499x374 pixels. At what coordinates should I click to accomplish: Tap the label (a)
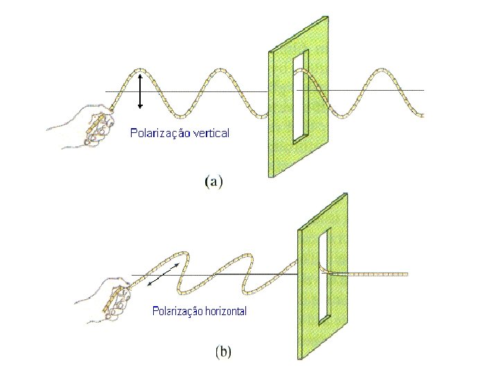[x=213, y=182]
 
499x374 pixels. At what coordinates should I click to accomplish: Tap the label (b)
[x=223, y=351]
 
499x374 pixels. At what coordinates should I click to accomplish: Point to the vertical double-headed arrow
[x=141, y=89]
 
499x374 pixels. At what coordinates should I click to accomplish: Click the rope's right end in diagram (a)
[x=422, y=116]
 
